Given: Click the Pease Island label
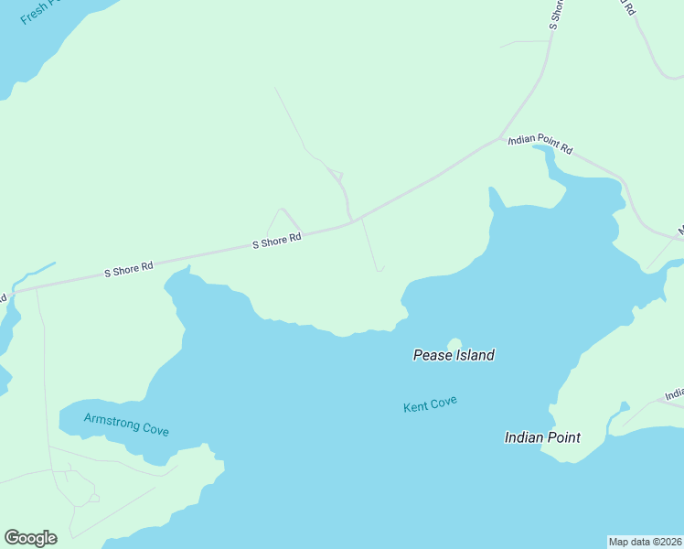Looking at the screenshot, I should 454,355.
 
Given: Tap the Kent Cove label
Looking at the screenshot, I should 430,404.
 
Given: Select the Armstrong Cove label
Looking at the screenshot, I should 126,425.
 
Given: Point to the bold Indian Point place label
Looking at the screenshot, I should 542,437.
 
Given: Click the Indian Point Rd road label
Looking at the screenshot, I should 540,144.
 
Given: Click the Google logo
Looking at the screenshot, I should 30,538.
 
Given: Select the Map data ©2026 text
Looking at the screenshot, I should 645,541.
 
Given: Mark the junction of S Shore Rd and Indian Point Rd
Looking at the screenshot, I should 502,138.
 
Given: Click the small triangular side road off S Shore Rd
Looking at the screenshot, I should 283,222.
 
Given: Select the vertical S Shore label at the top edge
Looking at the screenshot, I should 555,14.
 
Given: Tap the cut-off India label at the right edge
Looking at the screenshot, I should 674,394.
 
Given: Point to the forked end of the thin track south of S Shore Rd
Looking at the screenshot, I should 379,269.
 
